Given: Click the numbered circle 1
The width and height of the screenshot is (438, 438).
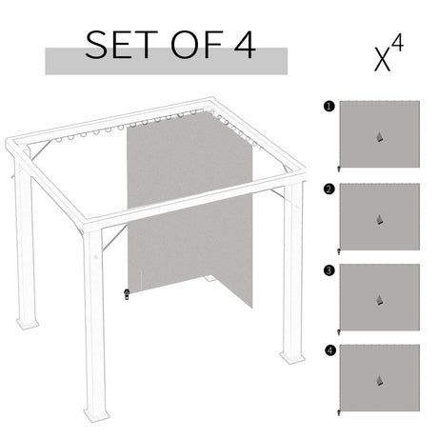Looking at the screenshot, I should click(328, 107).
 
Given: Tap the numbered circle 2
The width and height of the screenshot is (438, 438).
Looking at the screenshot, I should click(328, 189).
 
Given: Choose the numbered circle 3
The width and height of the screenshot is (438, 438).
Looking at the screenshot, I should click(328, 269).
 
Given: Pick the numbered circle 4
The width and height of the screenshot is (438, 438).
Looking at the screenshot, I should click(328, 350).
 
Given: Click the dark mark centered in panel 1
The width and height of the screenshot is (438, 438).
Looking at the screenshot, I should click(381, 136).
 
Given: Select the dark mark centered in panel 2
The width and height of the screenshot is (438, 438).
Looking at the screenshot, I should click(381, 218).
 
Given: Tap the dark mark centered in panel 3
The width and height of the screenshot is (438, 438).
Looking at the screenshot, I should click(381, 299).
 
